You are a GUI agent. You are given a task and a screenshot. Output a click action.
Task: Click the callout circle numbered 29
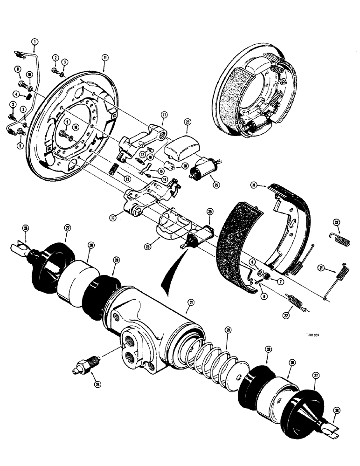pyautogui.click(x=228, y=330)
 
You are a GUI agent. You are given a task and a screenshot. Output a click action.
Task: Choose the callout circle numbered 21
pyautogui.click(x=333, y=267)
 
